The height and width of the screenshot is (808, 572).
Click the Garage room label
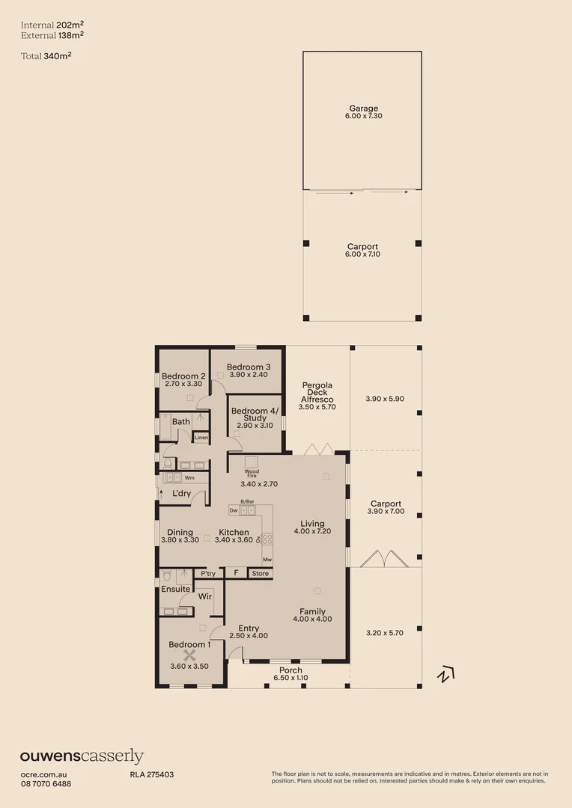tap(362, 109)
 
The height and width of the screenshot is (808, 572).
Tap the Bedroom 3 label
tap(249, 367)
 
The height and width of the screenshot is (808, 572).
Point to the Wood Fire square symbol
tap(252, 461)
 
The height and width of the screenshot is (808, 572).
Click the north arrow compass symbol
tap(445, 674)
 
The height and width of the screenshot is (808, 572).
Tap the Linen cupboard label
tap(201, 438)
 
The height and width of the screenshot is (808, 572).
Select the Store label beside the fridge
tap(260, 574)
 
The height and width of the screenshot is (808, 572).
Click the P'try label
tap(208, 574)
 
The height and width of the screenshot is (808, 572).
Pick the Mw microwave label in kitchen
tap(267, 559)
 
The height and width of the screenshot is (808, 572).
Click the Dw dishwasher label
tap(234, 509)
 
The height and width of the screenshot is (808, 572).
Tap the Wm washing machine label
tap(189, 477)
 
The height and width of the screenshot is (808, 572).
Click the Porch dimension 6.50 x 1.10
tap(290, 679)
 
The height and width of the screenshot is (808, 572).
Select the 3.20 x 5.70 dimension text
tap(385, 633)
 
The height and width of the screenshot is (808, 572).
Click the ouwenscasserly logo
tap(82, 756)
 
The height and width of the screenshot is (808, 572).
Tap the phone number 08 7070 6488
tap(46, 783)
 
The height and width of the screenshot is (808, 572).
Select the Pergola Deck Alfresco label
tap(317, 393)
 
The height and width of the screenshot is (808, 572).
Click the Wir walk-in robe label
tap(206, 597)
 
